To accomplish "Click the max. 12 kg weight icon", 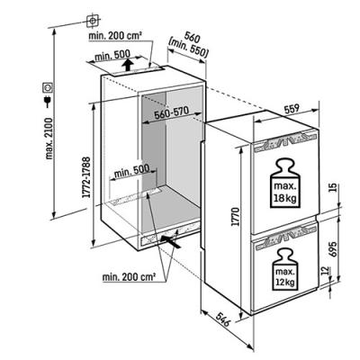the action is (285, 269).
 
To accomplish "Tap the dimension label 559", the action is (291, 109).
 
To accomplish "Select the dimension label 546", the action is (223, 319).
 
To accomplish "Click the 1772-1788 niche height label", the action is (86, 177).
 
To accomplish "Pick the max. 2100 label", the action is (49, 139).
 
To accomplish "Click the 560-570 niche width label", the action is (171, 113).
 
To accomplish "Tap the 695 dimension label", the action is (332, 248).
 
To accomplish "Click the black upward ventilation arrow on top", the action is (128, 65).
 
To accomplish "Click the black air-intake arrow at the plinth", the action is (171, 241).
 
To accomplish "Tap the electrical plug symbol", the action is (48, 102).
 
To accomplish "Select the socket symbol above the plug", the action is (48, 87).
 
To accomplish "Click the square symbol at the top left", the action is (93, 21).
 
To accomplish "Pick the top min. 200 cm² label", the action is (115, 36).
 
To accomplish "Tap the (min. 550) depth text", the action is (188, 49).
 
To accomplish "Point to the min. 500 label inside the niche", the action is (132, 172).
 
